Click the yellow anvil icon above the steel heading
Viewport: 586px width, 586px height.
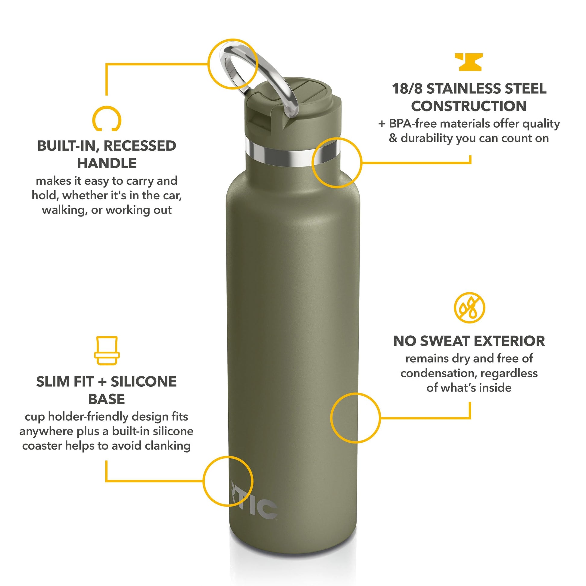click(x=469, y=62)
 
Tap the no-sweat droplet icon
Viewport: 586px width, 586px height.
click(x=469, y=308)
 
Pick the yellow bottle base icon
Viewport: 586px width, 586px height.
click(x=107, y=351)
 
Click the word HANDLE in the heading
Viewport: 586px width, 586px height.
click(x=107, y=164)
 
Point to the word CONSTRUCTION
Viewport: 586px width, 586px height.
click(x=469, y=106)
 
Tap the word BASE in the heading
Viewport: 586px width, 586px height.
click(x=107, y=399)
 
